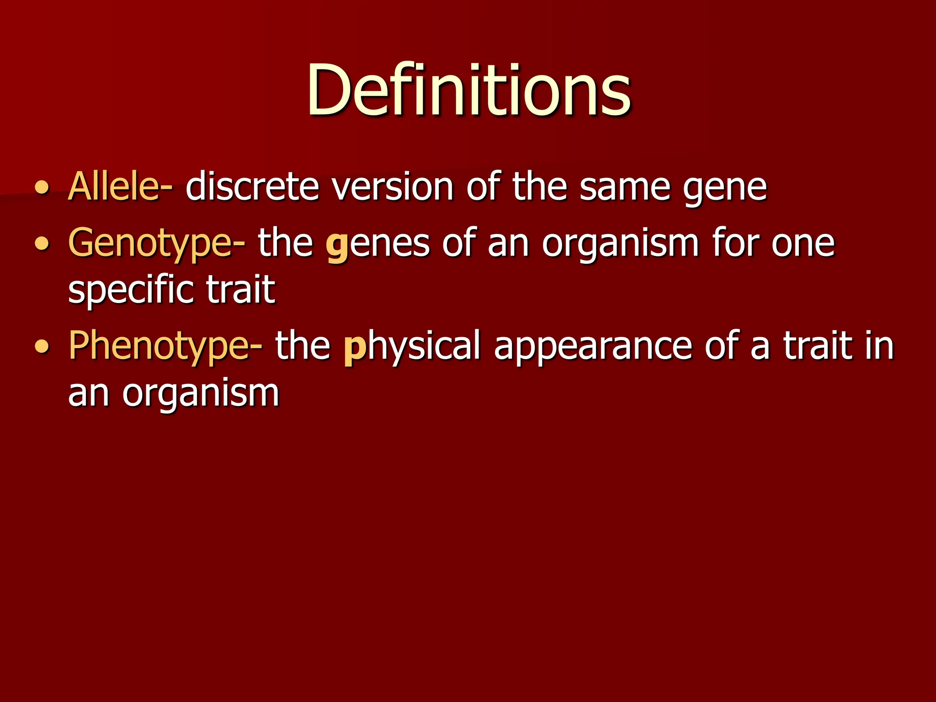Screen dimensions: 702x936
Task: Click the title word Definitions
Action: click(468, 89)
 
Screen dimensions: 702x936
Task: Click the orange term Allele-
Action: click(120, 186)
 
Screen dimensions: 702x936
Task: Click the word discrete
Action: click(252, 186)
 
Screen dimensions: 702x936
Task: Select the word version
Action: click(392, 186)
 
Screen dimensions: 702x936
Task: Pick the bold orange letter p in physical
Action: click(355, 348)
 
